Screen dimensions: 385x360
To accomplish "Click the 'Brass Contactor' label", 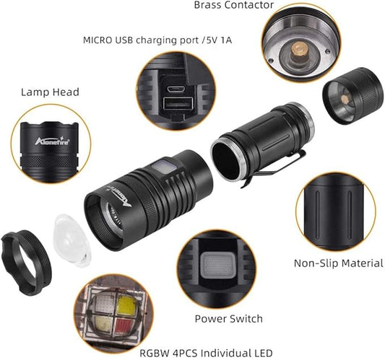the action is point(233,4).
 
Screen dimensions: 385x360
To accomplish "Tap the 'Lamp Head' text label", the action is point(50,92).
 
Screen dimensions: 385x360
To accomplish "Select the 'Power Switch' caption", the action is point(228,319).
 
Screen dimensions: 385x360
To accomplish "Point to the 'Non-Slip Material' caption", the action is point(339,263).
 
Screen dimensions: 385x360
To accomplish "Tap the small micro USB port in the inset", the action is point(175,89).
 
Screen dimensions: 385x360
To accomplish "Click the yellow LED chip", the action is point(126,306).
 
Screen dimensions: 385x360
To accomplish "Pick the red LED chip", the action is point(126,328).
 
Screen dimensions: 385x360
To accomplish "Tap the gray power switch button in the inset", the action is point(216,265).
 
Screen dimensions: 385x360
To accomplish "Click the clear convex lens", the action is point(72,240).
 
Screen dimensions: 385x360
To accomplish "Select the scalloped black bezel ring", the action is point(26,263).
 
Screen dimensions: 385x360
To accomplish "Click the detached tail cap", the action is point(352,96).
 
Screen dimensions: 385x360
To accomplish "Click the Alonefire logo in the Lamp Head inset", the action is point(52,141).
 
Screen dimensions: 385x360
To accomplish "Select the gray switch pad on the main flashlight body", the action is point(163,167).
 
